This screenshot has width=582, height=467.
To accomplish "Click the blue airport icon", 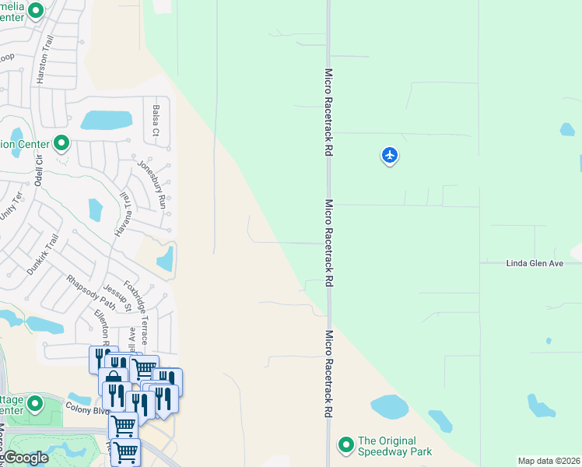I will (390, 156).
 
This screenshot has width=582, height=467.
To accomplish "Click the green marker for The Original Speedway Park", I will (345, 445).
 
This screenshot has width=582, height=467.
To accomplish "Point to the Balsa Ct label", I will (156, 120).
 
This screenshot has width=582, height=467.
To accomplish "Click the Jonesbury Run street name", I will (152, 184).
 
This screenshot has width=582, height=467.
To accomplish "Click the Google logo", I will (26, 458).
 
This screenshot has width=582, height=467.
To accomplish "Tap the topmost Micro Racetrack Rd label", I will (328, 112).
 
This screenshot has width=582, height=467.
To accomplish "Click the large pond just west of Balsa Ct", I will (107, 120).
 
